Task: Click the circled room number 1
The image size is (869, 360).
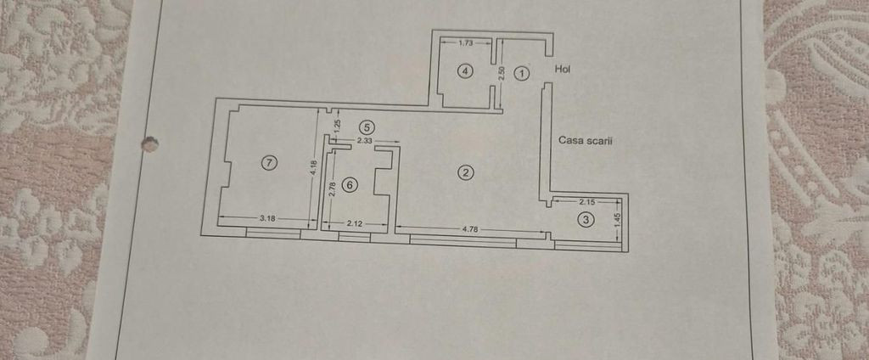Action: (522, 73)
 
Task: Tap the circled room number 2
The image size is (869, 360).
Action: (466, 173)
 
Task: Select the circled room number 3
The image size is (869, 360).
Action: (586, 220)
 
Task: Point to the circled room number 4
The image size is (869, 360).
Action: (466, 71)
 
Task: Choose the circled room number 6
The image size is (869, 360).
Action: (349, 185)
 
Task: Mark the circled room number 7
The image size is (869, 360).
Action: (269, 162)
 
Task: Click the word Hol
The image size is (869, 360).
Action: (563, 70)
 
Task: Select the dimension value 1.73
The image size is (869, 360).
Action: (466, 42)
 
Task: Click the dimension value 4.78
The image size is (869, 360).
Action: (469, 229)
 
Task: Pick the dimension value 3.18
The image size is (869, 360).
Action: (267, 218)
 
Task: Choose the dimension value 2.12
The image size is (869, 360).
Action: (355, 223)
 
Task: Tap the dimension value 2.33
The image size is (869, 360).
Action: (365, 141)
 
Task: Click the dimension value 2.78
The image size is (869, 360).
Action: (332, 189)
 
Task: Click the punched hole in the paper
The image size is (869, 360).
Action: (149, 143)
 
